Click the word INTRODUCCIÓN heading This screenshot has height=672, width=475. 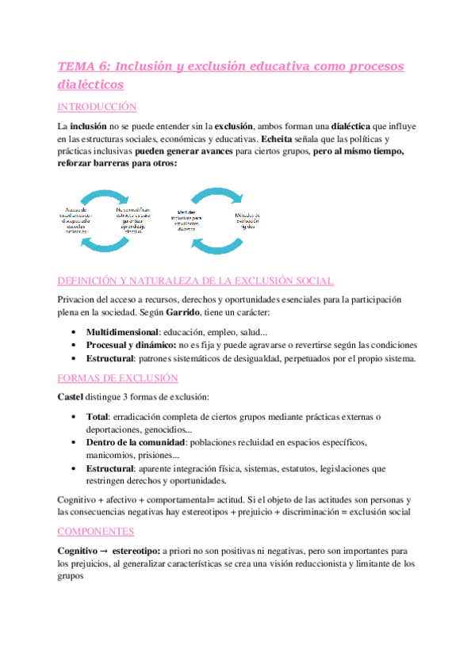coord(98,107)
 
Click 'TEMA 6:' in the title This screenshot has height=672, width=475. coord(83,67)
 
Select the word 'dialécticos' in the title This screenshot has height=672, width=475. coord(90,83)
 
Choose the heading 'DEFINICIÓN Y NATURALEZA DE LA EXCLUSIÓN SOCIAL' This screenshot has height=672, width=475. coord(196,281)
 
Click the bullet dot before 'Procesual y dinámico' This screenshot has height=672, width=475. coord(73,346)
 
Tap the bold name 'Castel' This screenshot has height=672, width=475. coord(70,395)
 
